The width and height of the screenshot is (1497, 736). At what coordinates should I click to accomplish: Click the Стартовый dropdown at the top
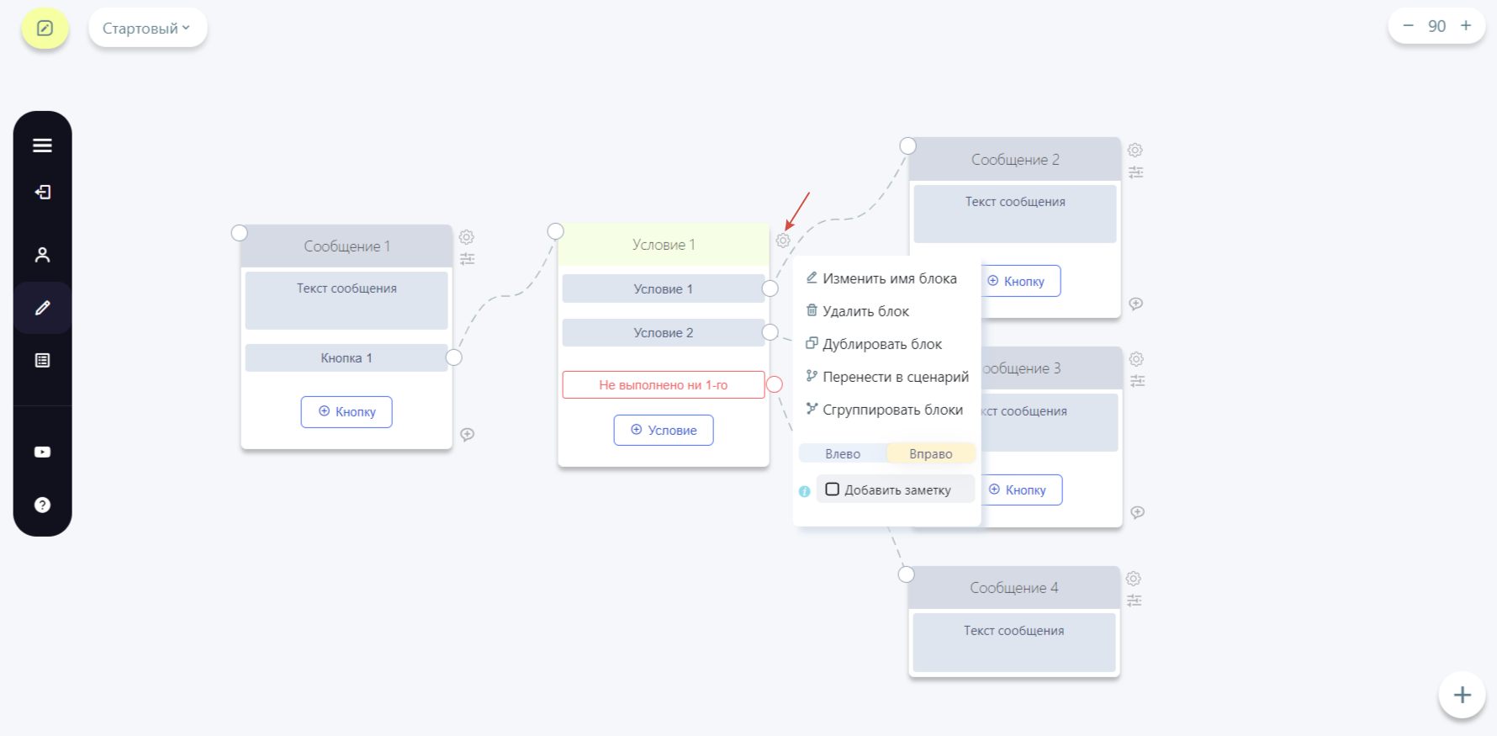click(x=148, y=28)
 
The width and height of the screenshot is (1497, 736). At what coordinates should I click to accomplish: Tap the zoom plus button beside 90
click(x=1466, y=25)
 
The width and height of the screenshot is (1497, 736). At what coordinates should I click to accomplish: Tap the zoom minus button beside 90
click(x=1409, y=25)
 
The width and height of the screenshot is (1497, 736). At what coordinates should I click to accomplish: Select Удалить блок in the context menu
click(x=858, y=311)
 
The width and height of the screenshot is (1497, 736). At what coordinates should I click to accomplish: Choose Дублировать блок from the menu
click(x=874, y=344)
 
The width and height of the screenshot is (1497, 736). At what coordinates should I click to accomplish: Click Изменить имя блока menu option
click(x=881, y=278)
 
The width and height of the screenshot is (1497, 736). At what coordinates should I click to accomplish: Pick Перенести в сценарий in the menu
click(x=887, y=377)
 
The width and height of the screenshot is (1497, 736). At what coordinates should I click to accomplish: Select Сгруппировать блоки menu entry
click(x=885, y=410)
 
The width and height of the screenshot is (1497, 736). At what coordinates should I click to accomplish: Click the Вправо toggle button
click(x=931, y=453)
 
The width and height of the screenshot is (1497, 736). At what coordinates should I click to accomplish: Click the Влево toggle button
click(x=843, y=453)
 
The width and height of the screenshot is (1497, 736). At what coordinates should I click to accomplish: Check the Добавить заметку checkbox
click(x=833, y=490)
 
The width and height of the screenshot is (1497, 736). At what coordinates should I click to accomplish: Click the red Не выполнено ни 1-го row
click(x=664, y=384)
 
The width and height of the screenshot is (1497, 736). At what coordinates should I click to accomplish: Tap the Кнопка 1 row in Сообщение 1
click(x=346, y=357)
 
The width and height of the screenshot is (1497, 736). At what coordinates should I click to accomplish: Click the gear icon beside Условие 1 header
click(x=783, y=241)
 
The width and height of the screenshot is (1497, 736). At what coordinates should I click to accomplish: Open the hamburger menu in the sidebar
click(x=42, y=146)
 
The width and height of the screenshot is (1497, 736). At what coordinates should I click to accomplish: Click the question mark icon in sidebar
click(x=42, y=505)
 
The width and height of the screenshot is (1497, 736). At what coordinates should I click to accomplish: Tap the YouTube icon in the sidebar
click(x=42, y=452)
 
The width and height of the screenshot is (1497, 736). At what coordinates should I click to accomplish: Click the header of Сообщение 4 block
click(x=1014, y=588)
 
